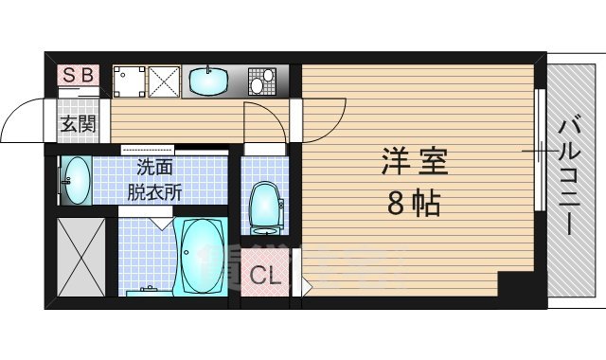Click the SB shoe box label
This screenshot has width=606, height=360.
coord(79,75)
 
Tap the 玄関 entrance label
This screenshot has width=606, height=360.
coord(79,122)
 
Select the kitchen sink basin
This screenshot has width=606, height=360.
coord(208,81)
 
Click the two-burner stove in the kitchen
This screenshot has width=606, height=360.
coord(261,81)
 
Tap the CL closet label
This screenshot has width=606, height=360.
coord(266,278)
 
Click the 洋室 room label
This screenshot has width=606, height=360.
coord(414,159)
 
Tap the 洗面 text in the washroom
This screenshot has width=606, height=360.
coord(155,169)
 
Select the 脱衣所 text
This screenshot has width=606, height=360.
coord(155,190)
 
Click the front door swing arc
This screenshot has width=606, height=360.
coord(21,118)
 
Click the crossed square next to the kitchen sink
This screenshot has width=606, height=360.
coord(163,81)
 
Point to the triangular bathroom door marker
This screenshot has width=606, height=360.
coord(160,222)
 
